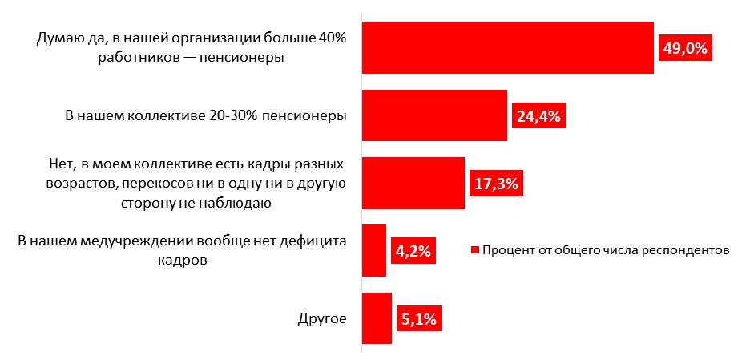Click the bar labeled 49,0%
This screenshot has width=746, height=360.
tap(508, 47)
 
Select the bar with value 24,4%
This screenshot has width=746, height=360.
tap(435, 115)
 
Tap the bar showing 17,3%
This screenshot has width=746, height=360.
tap(413, 183)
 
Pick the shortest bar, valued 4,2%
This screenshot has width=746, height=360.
tap(374, 250)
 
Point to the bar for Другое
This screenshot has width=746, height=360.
tap(377, 318)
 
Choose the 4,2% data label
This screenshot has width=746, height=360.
tap(413, 251)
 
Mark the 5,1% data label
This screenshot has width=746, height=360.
tap(418, 319)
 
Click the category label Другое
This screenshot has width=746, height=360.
tap(321, 318)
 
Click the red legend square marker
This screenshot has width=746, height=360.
tap(474, 250)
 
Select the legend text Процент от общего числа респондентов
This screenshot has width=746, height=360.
tap(606, 249)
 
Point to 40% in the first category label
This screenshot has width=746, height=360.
tap(329, 39)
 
